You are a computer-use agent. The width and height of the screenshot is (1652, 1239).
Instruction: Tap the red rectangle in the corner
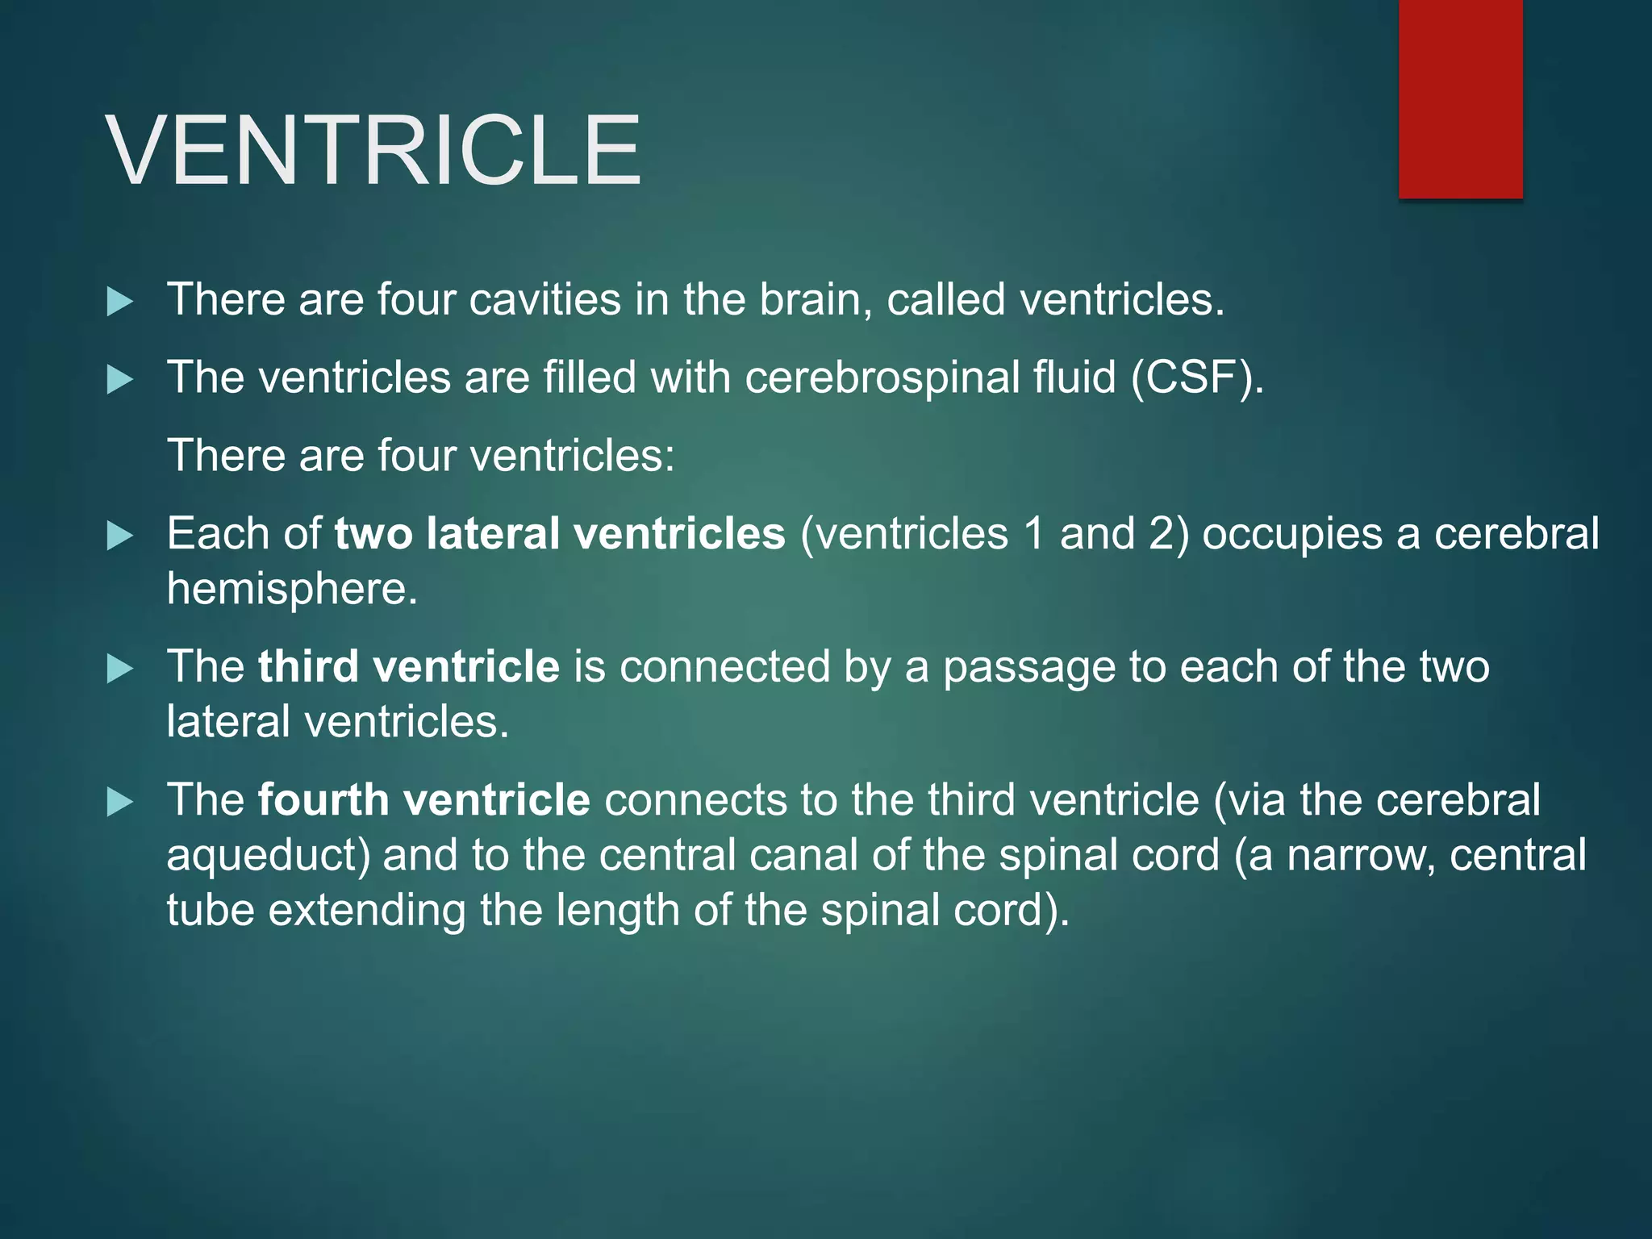[1460, 98]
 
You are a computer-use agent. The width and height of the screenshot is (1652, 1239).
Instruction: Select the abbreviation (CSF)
[1197, 378]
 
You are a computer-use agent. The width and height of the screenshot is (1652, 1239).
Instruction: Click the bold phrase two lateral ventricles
[559, 533]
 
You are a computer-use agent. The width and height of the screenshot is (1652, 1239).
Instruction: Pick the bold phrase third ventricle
[408, 666]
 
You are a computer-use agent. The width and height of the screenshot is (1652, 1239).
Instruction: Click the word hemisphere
[291, 588]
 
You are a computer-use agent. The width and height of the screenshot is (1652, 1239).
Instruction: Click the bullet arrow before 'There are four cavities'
[119, 302]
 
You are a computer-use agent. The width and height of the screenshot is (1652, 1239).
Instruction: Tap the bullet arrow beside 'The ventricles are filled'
[119, 379]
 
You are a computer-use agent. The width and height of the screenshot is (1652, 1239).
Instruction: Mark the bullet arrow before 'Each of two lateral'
[119, 536]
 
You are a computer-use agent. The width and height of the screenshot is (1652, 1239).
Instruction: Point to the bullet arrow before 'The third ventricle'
[119, 669]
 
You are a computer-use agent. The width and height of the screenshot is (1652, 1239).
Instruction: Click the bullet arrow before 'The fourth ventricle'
[119, 802]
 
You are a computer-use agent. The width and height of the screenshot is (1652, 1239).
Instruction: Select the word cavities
[545, 299]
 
